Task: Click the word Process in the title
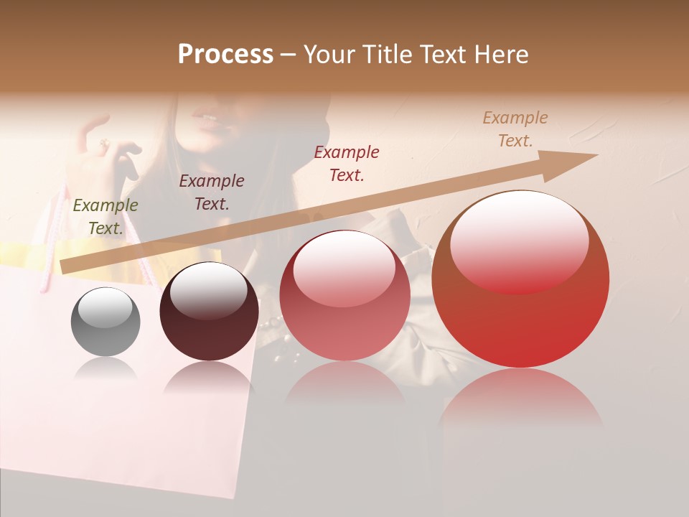(225, 55)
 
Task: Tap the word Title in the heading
(388, 55)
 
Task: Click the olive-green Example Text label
(106, 216)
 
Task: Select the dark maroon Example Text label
(212, 192)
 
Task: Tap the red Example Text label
(347, 163)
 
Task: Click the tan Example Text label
(515, 129)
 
